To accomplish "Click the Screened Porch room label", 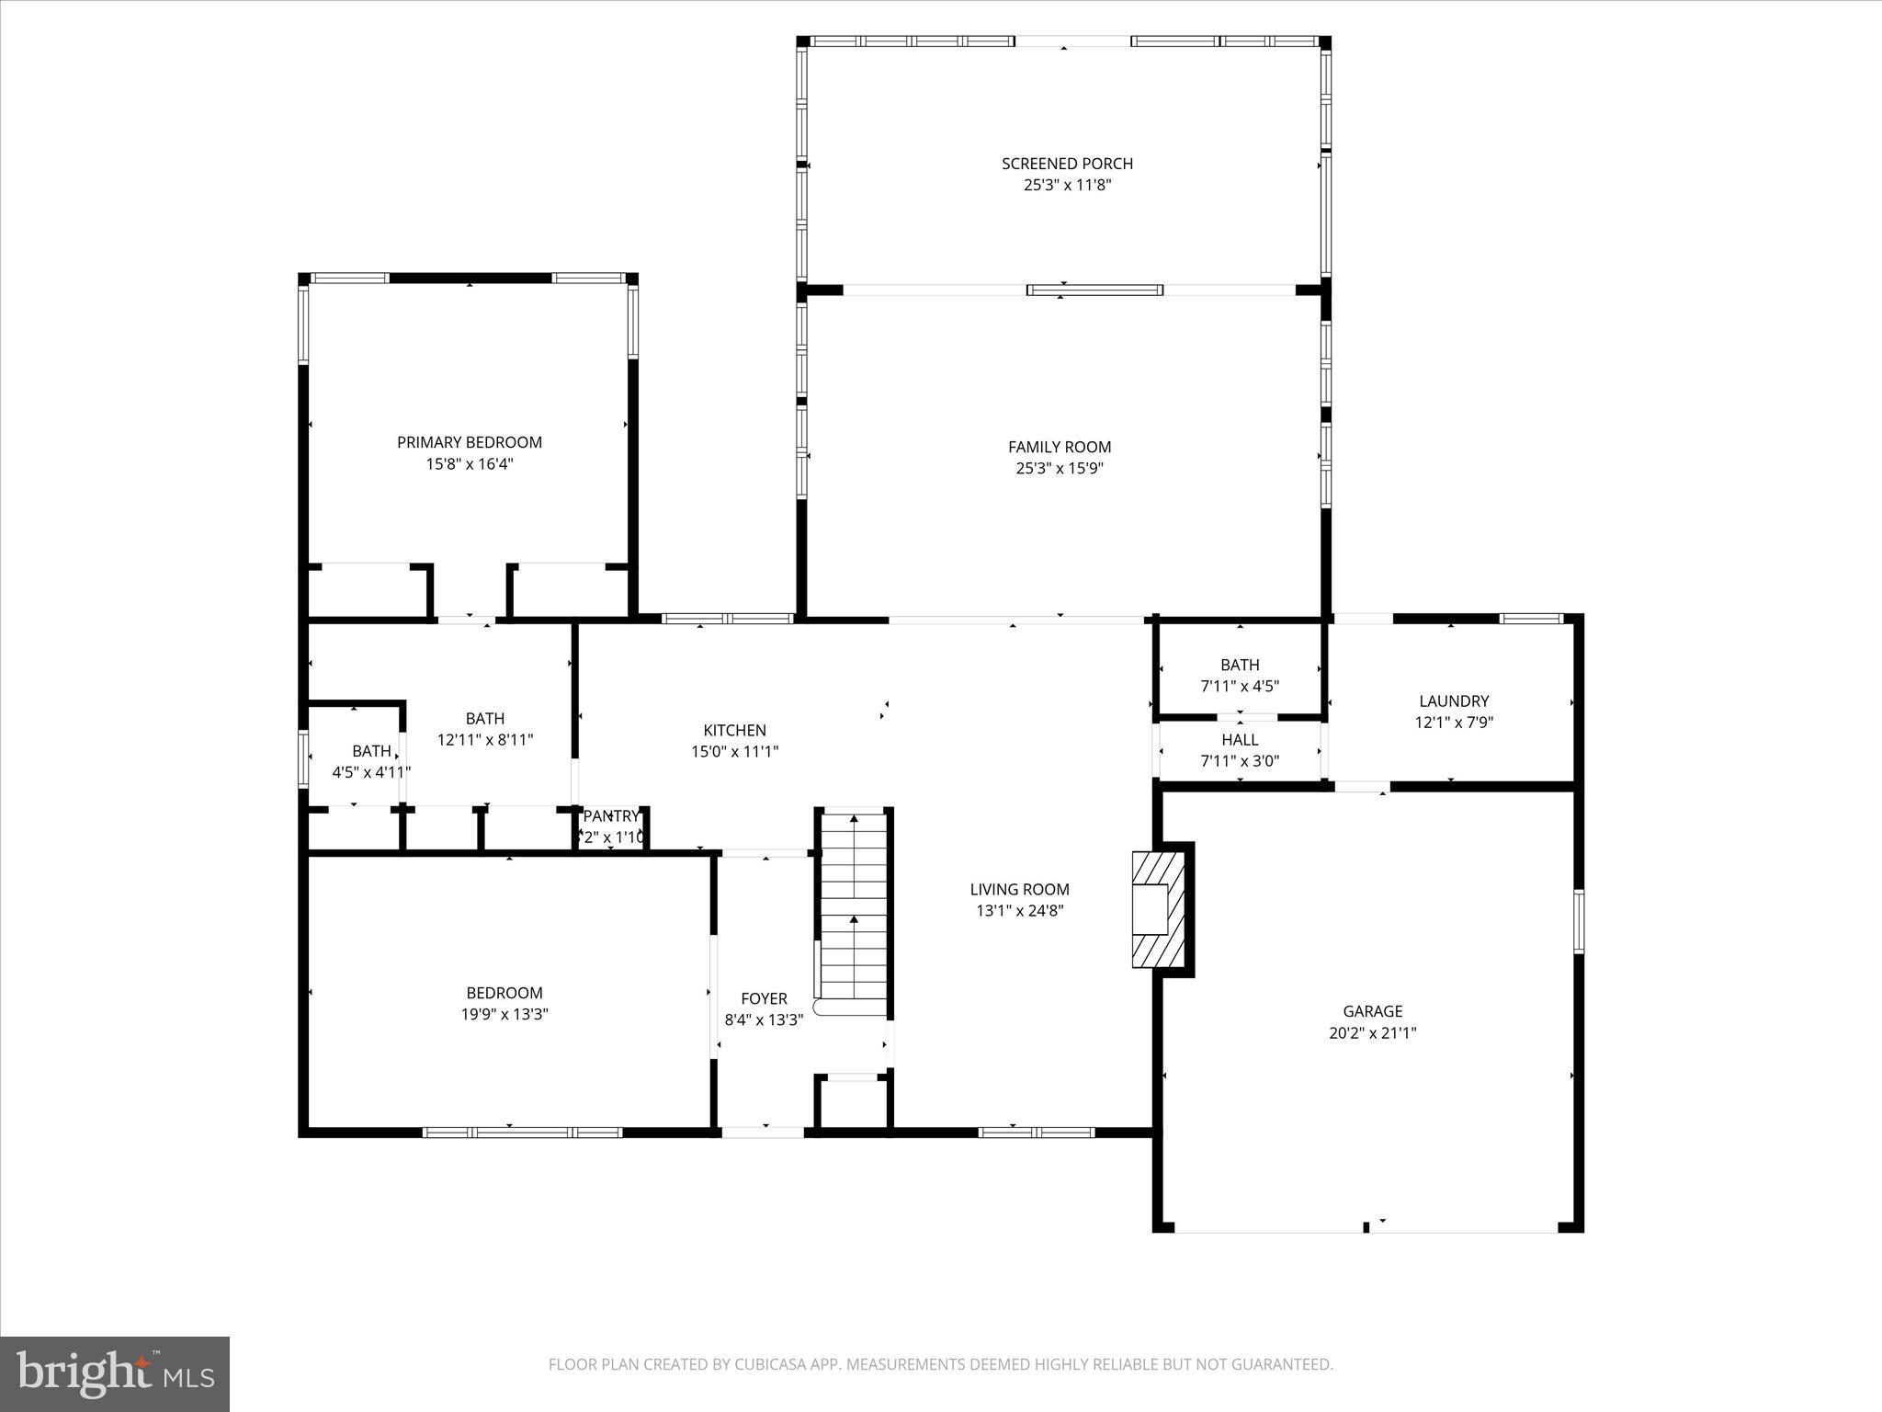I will coord(1067,164).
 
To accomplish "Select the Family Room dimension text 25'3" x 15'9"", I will coord(1060,468).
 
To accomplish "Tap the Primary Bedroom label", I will coord(469,442).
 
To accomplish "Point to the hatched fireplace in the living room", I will coord(1157,908).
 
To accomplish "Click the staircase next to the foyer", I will coord(854,910).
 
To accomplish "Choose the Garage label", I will coord(1372,1011).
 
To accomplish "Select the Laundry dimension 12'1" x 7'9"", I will coord(1454,723).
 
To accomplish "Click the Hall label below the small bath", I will coord(1240,740).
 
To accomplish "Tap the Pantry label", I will coord(610,816).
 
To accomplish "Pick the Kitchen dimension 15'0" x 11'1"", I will coord(735,751).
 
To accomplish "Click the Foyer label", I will coord(764,998).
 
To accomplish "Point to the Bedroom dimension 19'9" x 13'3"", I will coord(505,1014).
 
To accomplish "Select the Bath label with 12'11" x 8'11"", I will coord(484,719).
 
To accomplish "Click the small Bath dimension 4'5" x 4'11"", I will coord(371,772).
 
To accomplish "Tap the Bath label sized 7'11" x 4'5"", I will coord(1240,665).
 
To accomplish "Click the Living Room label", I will coord(1019,889).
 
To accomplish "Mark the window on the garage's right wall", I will coord(1578,920).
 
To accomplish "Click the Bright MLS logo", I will coord(115,1373).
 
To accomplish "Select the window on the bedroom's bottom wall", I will coord(522,1132).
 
